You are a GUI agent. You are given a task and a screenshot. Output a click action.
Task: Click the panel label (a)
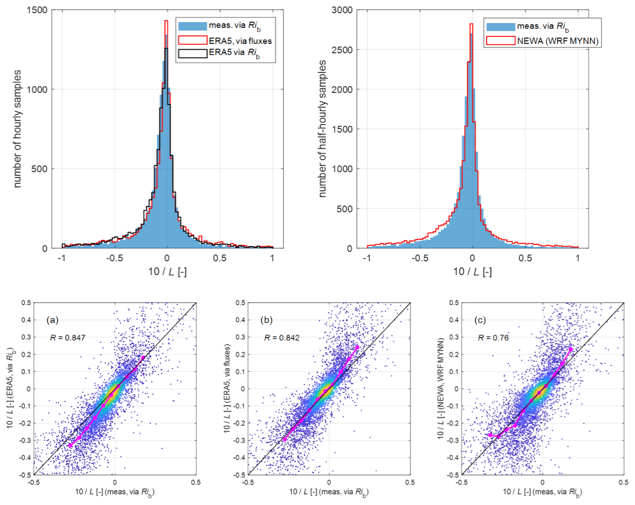point(52,319)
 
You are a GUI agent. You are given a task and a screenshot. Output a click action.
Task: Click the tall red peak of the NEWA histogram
point(471,24)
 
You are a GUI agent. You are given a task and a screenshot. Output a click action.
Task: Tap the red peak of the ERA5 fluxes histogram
point(166,21)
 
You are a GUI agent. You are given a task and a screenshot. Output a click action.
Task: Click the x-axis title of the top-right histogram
point(472,272)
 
